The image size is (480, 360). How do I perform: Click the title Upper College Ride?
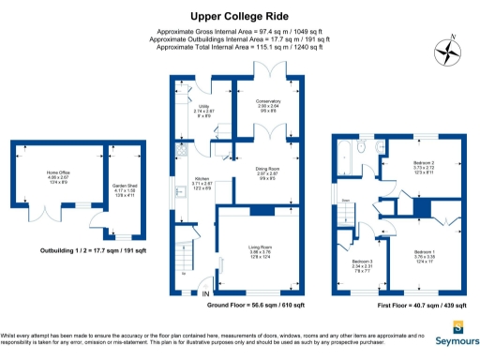pos(239,16)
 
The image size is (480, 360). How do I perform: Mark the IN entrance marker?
pos(207,294)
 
